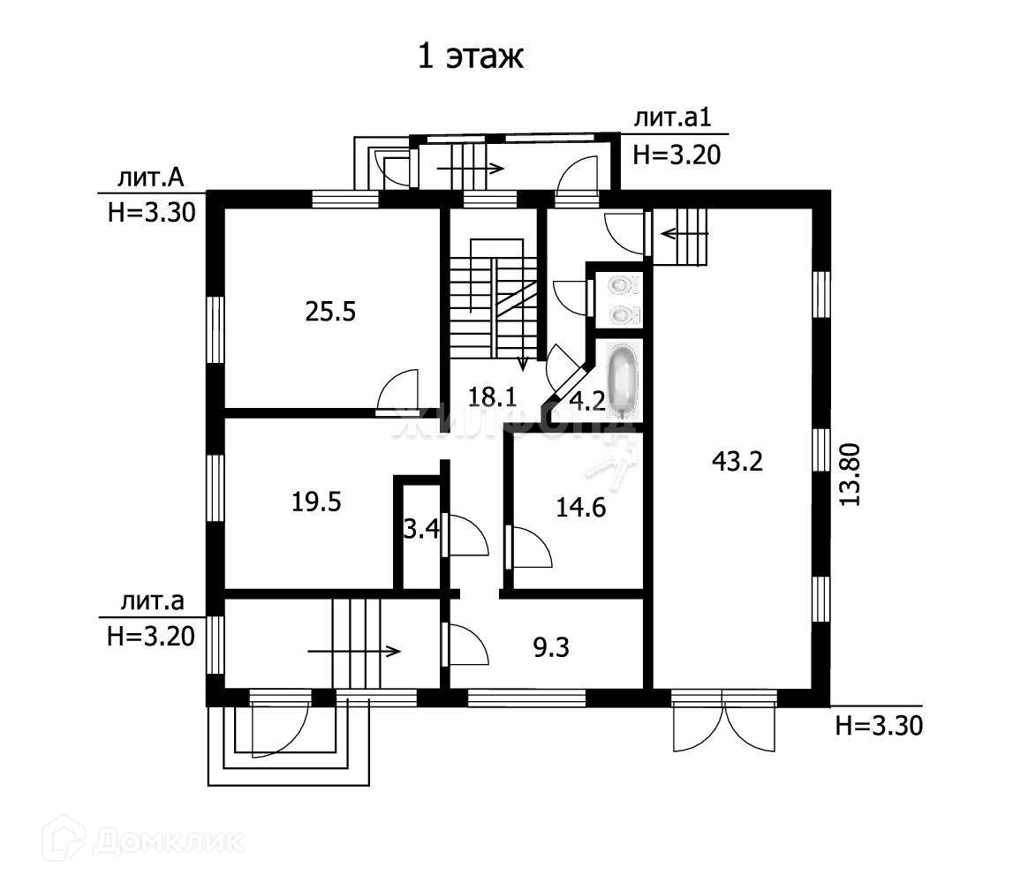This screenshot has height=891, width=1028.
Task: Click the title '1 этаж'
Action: (x=471, y=57)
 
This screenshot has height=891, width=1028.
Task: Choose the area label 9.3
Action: (x=551, y=649)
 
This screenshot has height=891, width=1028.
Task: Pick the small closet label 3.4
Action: (x=421, y=531)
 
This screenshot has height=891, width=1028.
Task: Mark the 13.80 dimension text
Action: (x=850, y=474)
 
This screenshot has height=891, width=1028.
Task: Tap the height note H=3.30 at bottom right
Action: (x=878, y=727)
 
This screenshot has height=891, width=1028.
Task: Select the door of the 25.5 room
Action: (x=397, y=391)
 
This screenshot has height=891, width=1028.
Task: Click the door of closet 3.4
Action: (x=465, y=534)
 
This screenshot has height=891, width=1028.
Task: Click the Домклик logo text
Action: (x=168, y=840)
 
